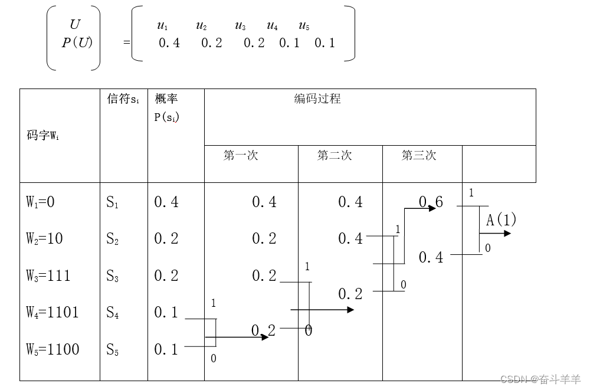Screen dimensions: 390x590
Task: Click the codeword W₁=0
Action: pyautogui.click(x=40, y=202)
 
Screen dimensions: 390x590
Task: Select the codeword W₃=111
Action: pyautogui.click(x=48, y=276)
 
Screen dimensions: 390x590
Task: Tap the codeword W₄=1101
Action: pyautogui.click(x=52, y=312)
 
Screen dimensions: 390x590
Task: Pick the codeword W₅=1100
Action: pyautogui.click(x=52, y=349)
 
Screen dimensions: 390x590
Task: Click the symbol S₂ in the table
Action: pyautogui.click(x=113, y=239)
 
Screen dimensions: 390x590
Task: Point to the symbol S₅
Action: pyautogui.click(x=113, y=350)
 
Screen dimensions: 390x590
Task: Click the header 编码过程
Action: pyautogui.click(x=317, y=99)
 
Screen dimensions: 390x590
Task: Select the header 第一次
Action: pyautogui.click(x=241, y=155)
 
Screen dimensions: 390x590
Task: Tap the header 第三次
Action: pyautogui.click(x=419, y=155)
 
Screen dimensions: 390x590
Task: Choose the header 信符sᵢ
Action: pyautogui.click(x=123, y=99)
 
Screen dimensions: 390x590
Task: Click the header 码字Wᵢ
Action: pyautogui.click(x=42, y=136)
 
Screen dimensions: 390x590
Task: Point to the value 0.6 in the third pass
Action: pyautogui.click(x=431, y=202)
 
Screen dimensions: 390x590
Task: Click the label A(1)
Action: pyautogui.click(x=501, y=220)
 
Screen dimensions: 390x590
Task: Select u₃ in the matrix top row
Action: pyautogui.click(x=240, y=25)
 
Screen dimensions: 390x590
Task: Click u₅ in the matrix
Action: pyautogui.click(x=304, y=25)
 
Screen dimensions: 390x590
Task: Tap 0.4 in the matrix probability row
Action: pyautogui.click(x=169, y=43)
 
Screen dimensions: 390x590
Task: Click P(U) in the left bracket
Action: pyautogui.click(x=77, y=42)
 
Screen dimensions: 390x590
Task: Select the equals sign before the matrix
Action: pyautogui.click(x=127, y=43)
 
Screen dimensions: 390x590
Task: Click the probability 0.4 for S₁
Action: pyautogui.click(x=166, y=202)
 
